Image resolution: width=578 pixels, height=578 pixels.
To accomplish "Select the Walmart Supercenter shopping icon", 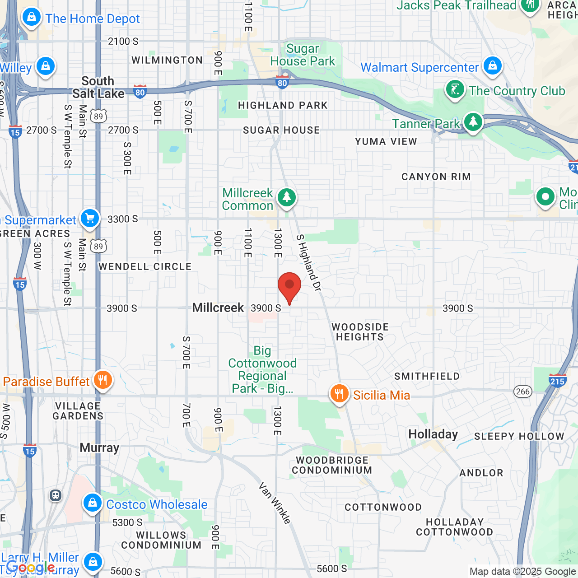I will point(493,66).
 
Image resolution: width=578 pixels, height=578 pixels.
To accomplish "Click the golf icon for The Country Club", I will point(455,89).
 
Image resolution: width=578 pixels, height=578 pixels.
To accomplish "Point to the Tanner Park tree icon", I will point(473,122).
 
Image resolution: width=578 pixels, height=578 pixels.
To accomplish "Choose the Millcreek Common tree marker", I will point(286,198).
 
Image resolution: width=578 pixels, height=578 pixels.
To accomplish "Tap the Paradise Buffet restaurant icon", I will point(103,381).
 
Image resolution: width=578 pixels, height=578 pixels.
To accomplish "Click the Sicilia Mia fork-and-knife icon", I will point(339,394).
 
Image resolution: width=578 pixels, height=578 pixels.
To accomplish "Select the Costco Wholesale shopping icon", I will point(93,503).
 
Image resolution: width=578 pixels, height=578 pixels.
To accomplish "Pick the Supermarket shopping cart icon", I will point(90,219).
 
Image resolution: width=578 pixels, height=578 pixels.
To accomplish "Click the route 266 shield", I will point(523,392).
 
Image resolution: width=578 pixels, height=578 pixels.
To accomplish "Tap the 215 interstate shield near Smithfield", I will point(558,381).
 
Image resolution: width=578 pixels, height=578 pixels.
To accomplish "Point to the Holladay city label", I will point(433,434).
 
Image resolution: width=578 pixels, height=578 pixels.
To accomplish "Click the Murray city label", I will point(99,448).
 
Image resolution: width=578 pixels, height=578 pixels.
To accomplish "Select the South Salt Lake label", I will point(98,87).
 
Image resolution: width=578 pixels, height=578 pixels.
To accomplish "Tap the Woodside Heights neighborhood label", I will point(360,332).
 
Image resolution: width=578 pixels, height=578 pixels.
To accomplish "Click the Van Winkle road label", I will point(275,503).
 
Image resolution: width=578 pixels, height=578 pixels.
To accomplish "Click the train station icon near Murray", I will point(56,495).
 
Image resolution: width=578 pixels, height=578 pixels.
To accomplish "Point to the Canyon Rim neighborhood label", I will point(436,177).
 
